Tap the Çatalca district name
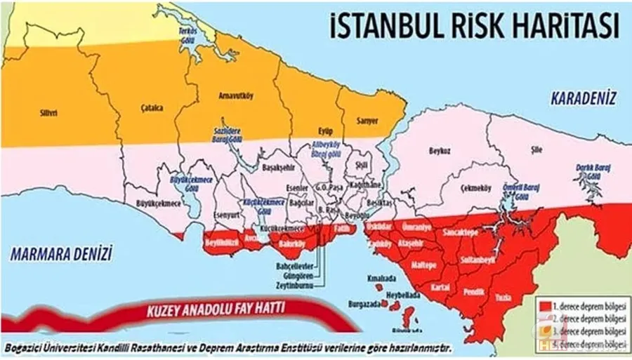click(x=152, y=108)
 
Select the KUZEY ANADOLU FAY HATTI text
click(x=204, y=310)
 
